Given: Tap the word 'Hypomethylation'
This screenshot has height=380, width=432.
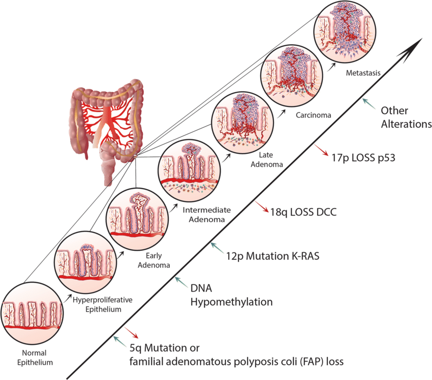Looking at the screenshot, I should click(x=232, y=302).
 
